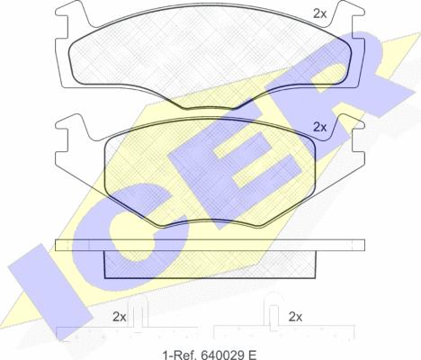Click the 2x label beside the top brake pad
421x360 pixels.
(x=319, y=13)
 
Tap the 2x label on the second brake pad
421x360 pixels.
(x=319, y=127)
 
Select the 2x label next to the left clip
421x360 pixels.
(x=120, y=317)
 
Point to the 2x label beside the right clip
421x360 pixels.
(x=295, y=317)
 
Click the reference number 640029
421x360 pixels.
(x=220, y=355)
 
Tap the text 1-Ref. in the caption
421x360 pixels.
(x=179, y=355)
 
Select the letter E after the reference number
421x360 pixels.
(x=252, y=355)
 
